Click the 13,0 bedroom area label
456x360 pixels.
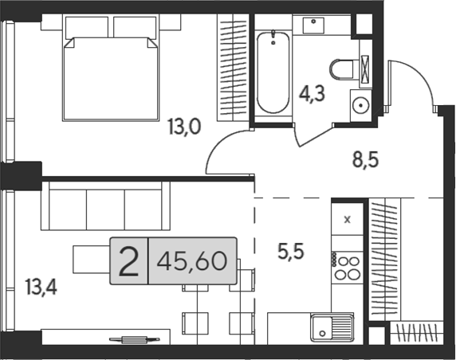(x=184, y=127)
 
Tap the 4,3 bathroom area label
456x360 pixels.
(x=312, y=93)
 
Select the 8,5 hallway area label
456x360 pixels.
(x=366, y=160)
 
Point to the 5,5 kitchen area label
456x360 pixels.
(x=291, y=252)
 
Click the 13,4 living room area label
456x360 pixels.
(x=41, y=287)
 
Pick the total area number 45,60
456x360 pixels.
(x=191, y=260)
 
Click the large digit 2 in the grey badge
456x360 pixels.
(x=129, y=261)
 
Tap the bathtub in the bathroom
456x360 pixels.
(x=273, y=72)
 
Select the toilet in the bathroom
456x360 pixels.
(x=341, y=69)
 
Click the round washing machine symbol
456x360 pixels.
(x=360, y=105)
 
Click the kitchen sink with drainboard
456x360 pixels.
(x=332, y=327)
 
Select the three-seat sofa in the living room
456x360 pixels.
(x=105, y=206)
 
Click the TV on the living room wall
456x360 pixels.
(x=135, y=339)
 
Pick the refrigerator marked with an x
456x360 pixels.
(x=348, y=220)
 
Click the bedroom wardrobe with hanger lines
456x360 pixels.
(x=233, y=68)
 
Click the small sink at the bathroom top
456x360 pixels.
(x=313, y=25)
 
